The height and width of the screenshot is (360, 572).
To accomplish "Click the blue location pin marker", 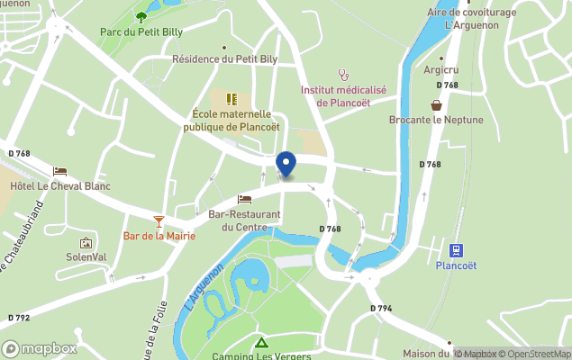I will (x=286, y=165).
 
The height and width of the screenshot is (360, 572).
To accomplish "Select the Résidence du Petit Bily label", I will (x=224, y=59).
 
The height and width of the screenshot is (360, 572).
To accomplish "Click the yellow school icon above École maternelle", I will (x=231, y=98).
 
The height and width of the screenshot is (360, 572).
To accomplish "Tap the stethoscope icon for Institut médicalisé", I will (x=342, y=75).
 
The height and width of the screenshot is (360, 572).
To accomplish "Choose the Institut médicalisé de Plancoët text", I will (x=342, y=96).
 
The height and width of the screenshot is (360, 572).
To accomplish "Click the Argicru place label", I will (x=440, y=69).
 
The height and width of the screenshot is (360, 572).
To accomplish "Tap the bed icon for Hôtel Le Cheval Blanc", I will (x=59, y=171).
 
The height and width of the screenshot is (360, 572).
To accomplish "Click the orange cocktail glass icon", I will (x=159, y=220).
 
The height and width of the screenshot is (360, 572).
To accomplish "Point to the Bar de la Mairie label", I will (x=159, y=237).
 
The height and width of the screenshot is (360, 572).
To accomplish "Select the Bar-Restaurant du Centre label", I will (x=244, y=220).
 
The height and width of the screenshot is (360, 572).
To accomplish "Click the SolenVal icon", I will (x=86, y=243).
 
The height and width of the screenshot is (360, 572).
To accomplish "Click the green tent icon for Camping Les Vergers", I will (x=260, y=342).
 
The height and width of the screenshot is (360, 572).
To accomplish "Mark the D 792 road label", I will (x=19, y=318).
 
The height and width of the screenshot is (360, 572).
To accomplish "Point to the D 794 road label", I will (x=381, y=309).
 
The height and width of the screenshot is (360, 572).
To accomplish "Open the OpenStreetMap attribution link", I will (x=535, y=354).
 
